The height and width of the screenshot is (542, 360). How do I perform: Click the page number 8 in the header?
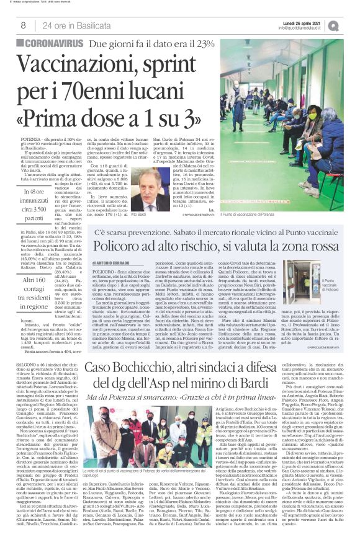pyautogui.click(x=24, y=25)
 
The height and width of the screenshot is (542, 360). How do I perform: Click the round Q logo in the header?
pyautogui.click(x=351, y=25)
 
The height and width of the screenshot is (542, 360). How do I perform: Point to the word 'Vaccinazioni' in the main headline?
pyautogui.click(x=83, y=66)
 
